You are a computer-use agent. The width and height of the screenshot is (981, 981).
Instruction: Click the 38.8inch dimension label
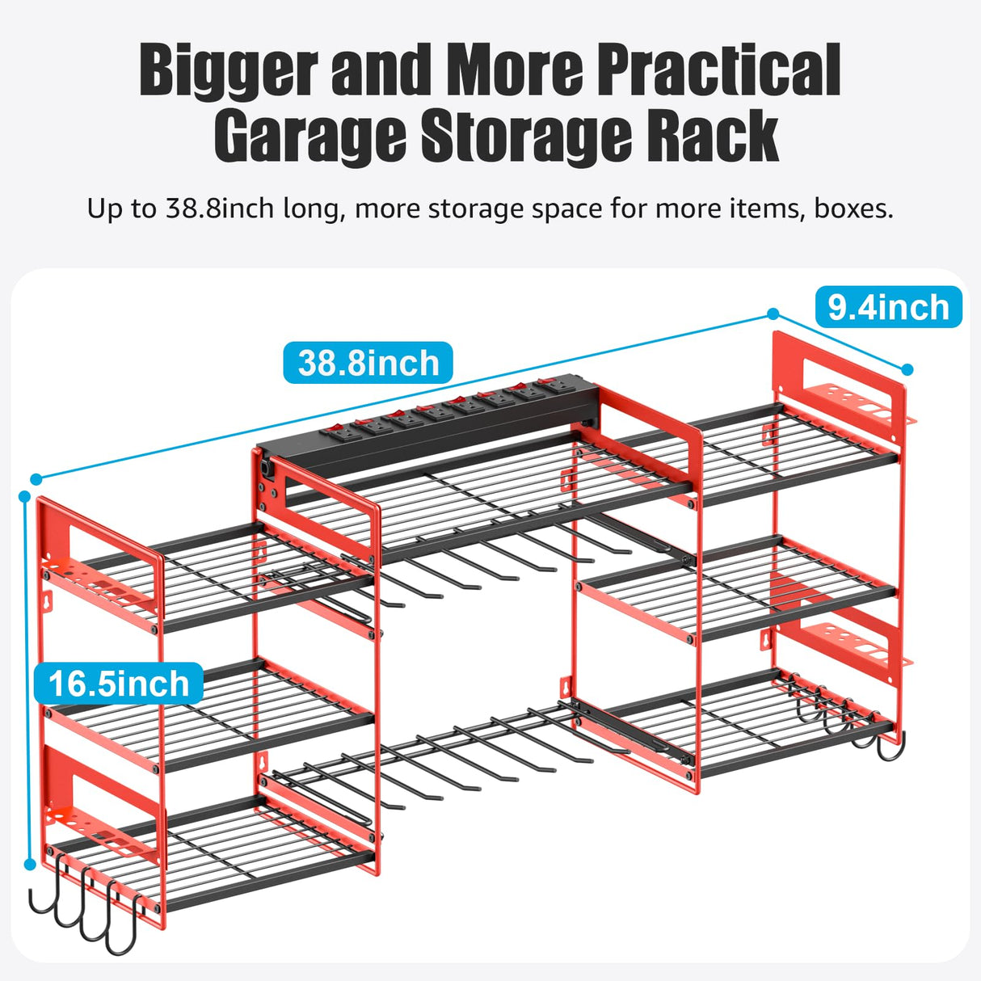click(368, 363)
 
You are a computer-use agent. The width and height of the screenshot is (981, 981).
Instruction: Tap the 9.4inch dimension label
click(888, 307)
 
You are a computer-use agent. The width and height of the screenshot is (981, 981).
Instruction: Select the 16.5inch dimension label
click(118, 684)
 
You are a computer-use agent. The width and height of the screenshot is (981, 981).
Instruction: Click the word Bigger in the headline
click(229, 71)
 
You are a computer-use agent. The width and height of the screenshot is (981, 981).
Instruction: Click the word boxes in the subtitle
click(853, 209)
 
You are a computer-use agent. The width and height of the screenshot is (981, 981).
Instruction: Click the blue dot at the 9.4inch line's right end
click(907, 369)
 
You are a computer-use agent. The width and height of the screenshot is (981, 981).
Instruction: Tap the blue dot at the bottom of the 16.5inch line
click(30, 864)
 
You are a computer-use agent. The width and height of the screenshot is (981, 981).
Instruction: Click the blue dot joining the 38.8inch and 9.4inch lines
click(773, 314)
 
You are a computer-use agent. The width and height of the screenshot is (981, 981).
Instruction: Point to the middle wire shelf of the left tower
click(210, 711)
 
